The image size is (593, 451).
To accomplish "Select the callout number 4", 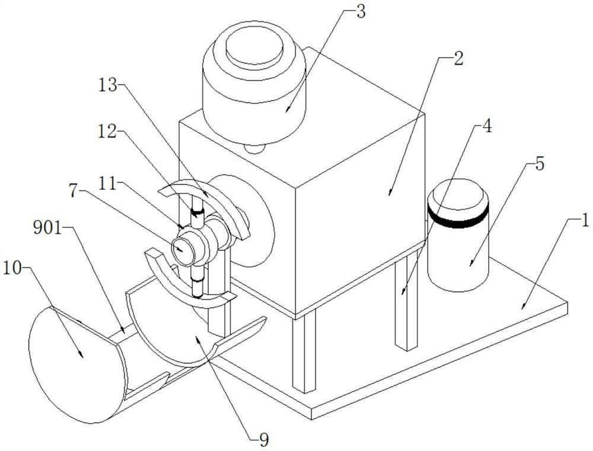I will coord(487,128).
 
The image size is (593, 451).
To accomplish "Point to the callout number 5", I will coord(538,164).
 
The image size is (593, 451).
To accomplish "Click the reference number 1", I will coord(584,222).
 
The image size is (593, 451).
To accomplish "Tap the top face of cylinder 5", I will coord(457,196).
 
